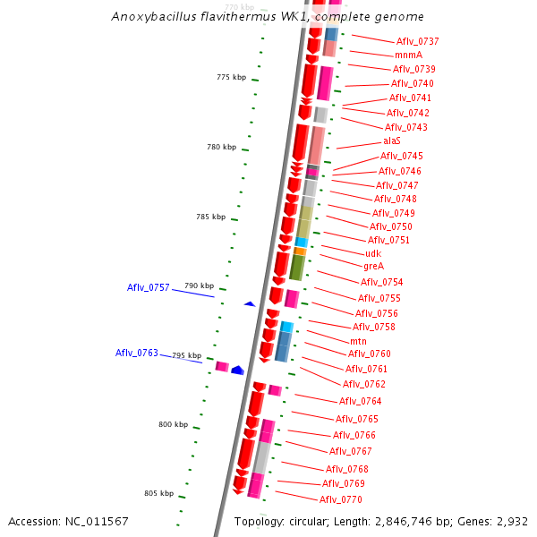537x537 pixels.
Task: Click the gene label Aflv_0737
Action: coord(417,41)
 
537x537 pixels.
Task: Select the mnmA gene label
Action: coord(408,55)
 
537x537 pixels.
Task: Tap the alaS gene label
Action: coord(392,141)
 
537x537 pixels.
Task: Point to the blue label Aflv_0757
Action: coord(148,287)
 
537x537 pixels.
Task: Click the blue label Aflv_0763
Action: coord(136,353)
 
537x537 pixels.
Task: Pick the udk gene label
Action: coord(373,253)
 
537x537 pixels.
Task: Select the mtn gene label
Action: coord(358,341)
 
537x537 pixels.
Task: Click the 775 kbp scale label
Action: coord(231,77)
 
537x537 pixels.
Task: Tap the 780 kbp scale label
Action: coord(221,147)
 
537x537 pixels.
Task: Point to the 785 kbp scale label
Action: coord(210,217)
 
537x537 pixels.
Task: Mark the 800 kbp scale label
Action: coord(174,424)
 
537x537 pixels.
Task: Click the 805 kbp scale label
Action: coord(158,493)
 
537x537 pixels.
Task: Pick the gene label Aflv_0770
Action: coord(340,499)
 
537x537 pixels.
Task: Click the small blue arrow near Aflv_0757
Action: coord(250,304)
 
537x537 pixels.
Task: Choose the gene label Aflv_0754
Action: coord(381,282)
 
